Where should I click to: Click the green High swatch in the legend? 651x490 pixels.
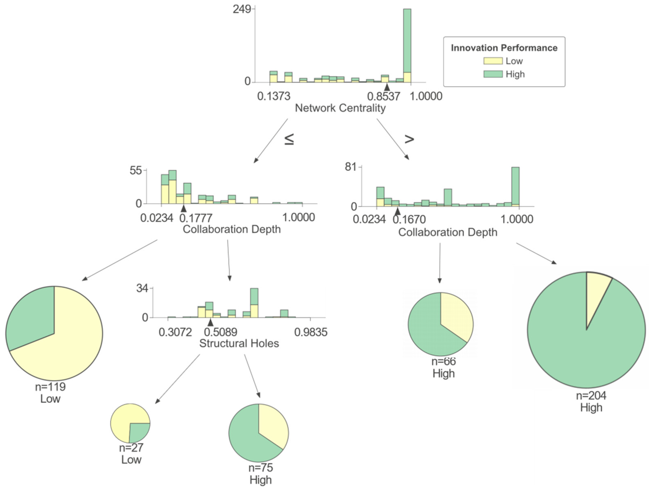click(x=493, y=74)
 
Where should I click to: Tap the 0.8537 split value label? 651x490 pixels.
click(x=383, y=96)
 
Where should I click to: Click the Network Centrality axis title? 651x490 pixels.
click(x=340, y=108)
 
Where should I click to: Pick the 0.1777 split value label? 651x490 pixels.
click(x=196, y=218)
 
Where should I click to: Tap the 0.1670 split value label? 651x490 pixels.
click(x=409, y=219)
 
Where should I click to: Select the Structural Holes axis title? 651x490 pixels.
click(x=239, y=343)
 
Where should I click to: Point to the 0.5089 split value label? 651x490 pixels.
click(x=221, y=332)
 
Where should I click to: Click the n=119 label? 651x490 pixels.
click(x=50, y=387)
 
